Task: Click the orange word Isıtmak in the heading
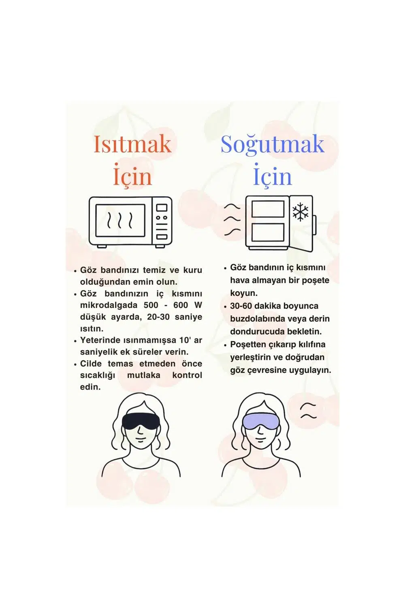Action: (132, 144)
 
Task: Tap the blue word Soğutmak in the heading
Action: (273, 144)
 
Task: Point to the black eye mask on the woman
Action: (141, 421)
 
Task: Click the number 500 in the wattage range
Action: (151, 305)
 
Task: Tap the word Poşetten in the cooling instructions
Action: (247, 345)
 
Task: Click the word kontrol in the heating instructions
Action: (187, 375)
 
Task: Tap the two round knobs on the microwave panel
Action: (162, 218)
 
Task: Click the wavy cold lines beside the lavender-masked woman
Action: (309, 411)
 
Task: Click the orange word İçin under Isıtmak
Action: (132, 175)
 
